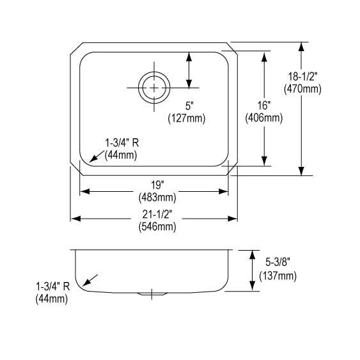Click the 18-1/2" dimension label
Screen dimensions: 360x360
(302, 77)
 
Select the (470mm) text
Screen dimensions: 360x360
(302, 89)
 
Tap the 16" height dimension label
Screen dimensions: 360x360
(264, 106)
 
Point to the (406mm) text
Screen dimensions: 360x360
(264, 118)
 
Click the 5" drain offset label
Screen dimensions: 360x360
(189, 106)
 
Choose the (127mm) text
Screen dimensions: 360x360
(187, 118)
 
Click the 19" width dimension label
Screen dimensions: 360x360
(157, 185)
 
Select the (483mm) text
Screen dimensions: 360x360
(157, 198)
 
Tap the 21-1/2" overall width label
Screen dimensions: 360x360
(157, 214)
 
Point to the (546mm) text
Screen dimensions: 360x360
(157, 227)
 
